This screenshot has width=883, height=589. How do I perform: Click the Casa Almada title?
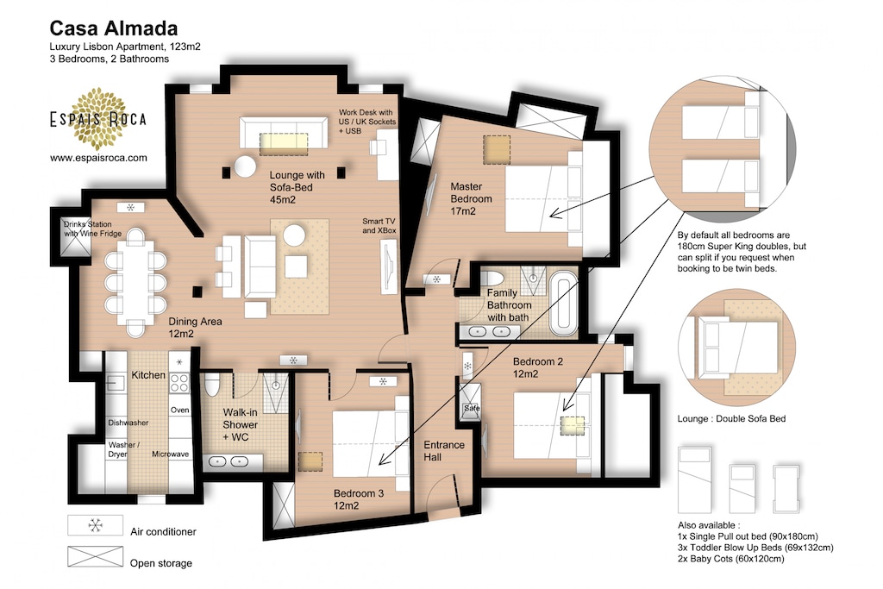click(114, 28)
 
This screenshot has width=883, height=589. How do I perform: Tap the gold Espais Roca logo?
click(98, 118)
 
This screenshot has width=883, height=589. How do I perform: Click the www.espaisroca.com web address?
click(98, 158)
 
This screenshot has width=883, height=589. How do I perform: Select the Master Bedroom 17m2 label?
click(471, 198)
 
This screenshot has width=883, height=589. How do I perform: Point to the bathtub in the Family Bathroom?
click(564, 304)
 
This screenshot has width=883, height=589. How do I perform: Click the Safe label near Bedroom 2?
click(472, 408)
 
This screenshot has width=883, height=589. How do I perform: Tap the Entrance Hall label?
click(444, 451)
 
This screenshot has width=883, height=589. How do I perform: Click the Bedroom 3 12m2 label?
click(358, 499)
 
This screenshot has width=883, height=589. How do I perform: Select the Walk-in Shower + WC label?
click(240, 424)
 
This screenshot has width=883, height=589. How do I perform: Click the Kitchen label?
click(148, 375)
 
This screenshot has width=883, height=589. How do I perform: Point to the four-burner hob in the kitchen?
click(179, 382)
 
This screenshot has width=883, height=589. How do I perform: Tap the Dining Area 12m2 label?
click(195, 327)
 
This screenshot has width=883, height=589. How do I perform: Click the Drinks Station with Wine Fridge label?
click(91, 229)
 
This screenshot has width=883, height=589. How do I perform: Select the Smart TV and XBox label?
click(379, 226)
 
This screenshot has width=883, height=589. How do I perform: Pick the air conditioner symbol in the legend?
click(95, 525)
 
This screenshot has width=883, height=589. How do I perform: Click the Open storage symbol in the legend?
click(95, 557)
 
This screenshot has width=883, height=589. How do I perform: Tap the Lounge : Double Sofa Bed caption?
click(731, 419)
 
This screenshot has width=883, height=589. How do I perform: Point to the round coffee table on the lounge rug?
click(295, 235)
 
